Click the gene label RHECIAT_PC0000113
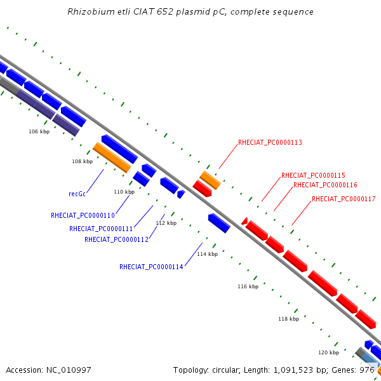pos(270,142)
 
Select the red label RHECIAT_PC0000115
pos(313,175)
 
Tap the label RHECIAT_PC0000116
pos(325,185)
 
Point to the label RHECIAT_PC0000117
pos(344,199)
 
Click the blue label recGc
pos(77,194)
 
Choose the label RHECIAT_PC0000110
pos(83,215)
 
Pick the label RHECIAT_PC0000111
pos(101,229)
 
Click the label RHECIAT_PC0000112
pos(116,239)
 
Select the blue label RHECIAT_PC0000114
pos(151,267)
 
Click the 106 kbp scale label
pos(39,131)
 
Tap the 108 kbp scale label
pos(83,161)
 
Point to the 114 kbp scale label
pos(207,254)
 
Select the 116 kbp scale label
pos(248,286)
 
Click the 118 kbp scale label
pos(289,319)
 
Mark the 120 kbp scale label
pos(329,352)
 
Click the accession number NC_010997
pos(69,370)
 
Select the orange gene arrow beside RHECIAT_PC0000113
pos(210,180)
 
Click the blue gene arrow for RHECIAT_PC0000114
pos(219,223)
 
